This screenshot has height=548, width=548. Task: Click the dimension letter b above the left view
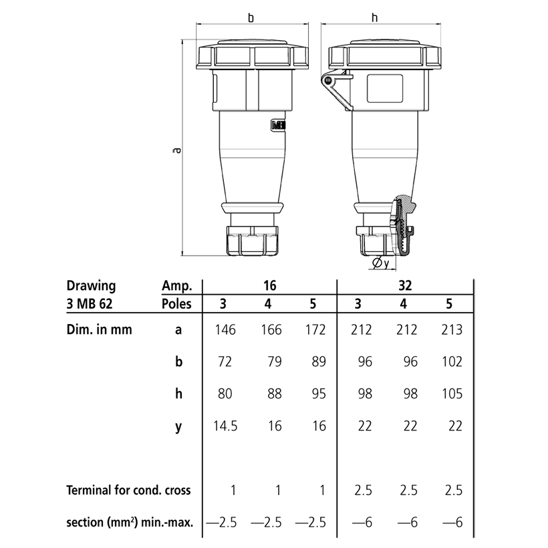point(251,17)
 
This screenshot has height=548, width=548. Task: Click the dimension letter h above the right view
point(376,17)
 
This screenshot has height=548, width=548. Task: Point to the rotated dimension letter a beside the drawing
point(176,150)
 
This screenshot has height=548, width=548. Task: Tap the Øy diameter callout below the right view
point(381,264)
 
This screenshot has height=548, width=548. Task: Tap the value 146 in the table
point(225,329)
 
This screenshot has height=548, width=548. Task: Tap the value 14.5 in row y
point(225,426)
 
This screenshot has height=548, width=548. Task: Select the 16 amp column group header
point(270,285)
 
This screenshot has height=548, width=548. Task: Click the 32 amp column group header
point(405,285)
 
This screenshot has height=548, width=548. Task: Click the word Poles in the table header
point(176,303)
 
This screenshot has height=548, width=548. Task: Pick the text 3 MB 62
point(92,303)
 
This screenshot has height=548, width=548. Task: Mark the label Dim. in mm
point(99,329)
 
